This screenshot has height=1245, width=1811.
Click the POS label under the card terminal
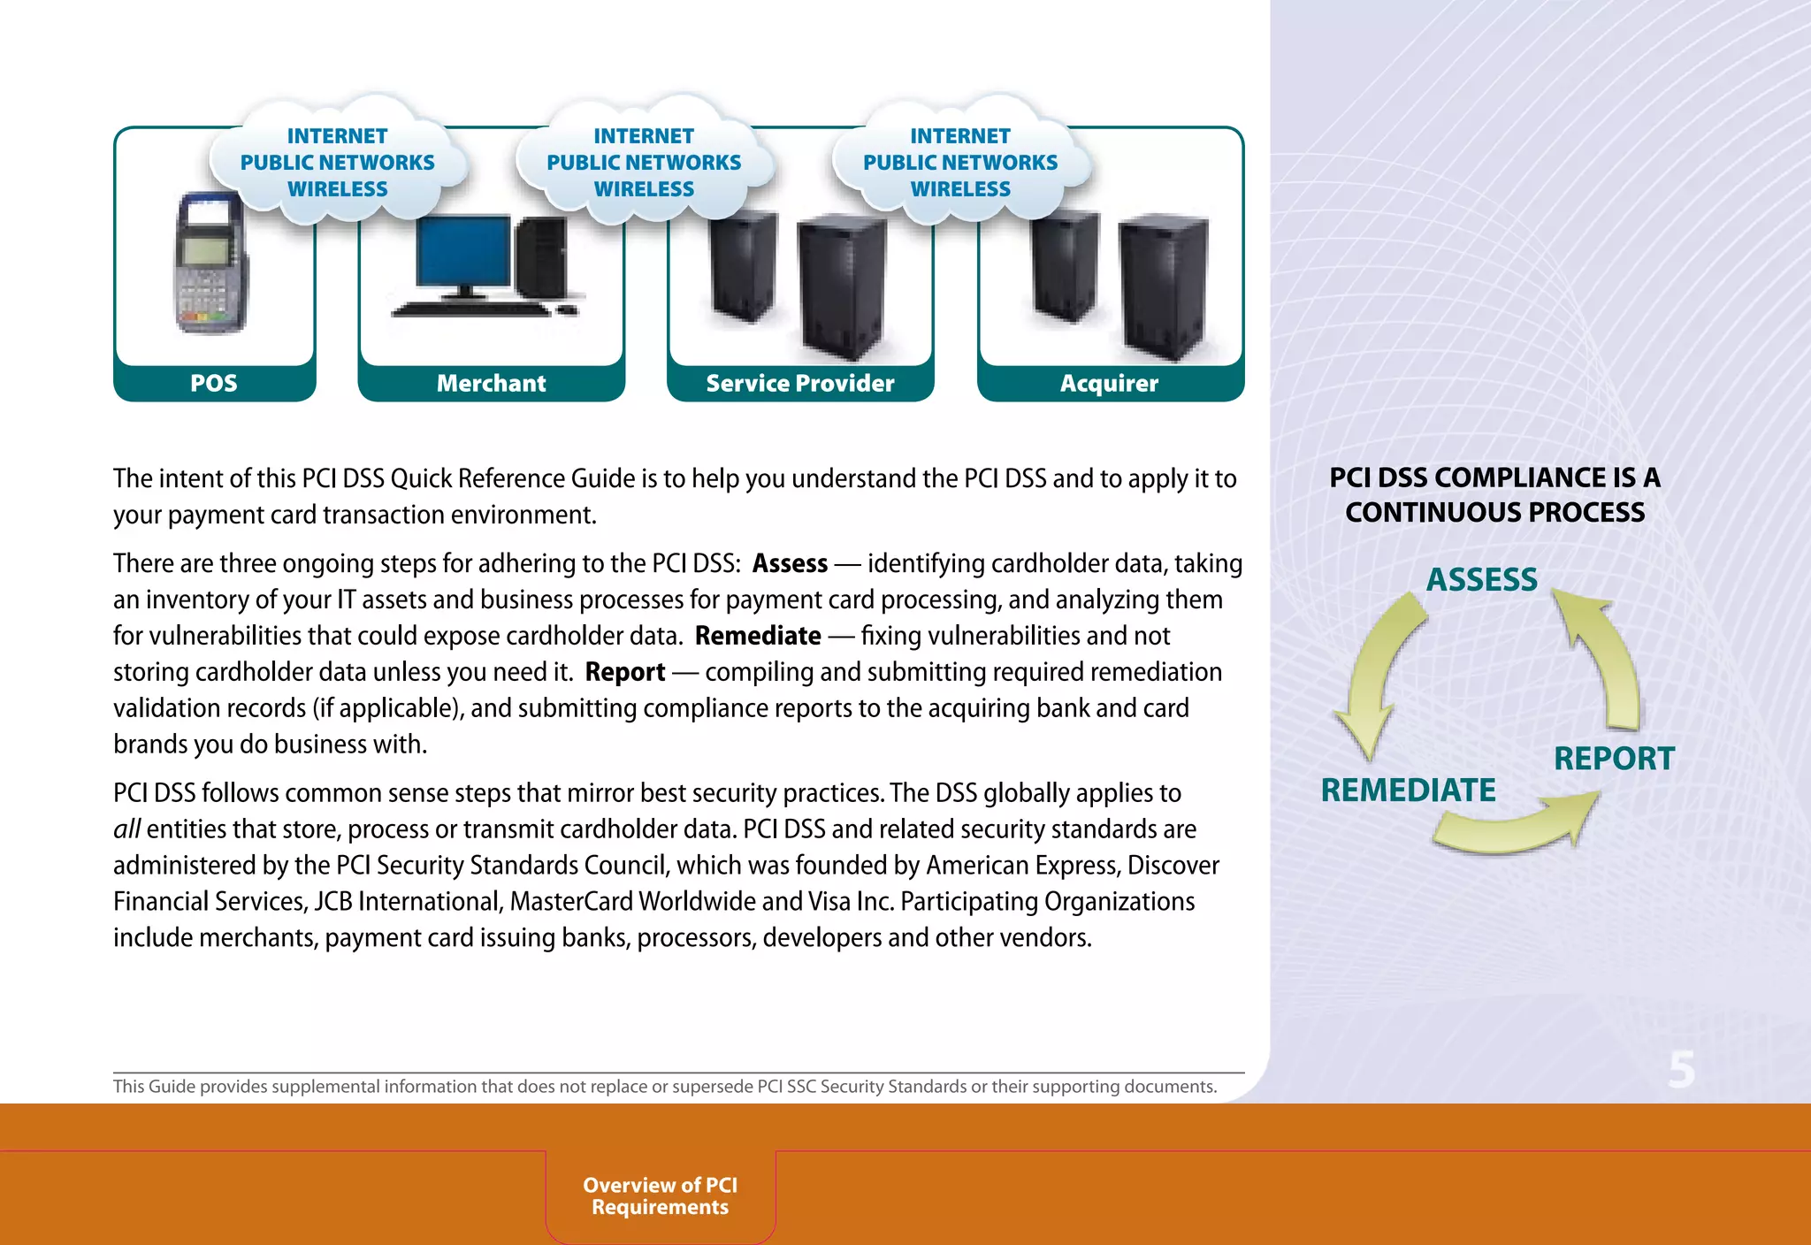point(214,384)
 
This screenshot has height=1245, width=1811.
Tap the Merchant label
point(491,384)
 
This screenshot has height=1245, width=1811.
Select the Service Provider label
point(800,384)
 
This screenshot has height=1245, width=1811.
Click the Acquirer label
point(1109,384)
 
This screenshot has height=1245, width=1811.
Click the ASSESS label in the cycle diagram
point(1482,580)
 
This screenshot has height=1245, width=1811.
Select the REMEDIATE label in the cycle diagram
point(1408,791)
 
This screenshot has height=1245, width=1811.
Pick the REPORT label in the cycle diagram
point(1614,759)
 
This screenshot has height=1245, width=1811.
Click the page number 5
point(1682,1070)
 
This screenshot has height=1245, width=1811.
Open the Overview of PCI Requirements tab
point(661,1196)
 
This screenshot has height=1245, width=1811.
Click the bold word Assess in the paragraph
point(790,564)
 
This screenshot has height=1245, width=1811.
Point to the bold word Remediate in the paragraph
point(758,637)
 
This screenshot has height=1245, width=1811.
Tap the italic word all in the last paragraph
point(126,829)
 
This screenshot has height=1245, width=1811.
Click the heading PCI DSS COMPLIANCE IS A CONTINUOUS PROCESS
point(1494,495)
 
